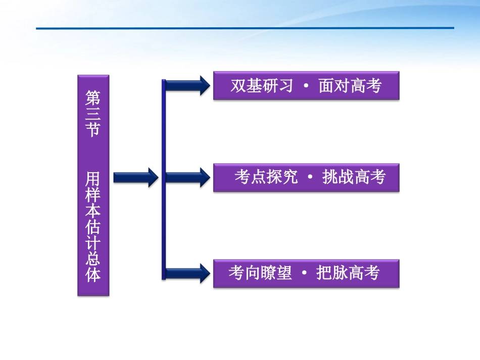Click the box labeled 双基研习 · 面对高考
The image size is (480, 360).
tap(306, 86)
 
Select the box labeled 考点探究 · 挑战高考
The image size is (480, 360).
tap(306, 177)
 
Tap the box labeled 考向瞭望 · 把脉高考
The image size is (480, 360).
tap(306, 273)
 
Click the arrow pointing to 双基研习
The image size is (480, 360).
tap(187, 86)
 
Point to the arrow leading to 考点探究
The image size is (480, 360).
tap(187, 177)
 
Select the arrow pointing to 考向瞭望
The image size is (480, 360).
tap(187, 273)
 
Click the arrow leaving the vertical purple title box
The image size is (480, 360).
tap(135, 177)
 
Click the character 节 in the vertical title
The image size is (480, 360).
tap(93, 130)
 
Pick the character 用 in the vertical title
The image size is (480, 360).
tap(93, 179)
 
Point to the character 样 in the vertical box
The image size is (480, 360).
tap(93, 195)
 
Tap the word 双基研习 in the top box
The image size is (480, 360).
tap(262, 86)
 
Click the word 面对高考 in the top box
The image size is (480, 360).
tap(350, 86)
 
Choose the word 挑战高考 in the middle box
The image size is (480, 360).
tap(354, 177)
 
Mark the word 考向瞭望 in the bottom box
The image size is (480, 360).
tap(260, 273)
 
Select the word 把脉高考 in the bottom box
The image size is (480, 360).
tap(348, 273)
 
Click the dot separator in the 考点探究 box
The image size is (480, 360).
tap(310, 178)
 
